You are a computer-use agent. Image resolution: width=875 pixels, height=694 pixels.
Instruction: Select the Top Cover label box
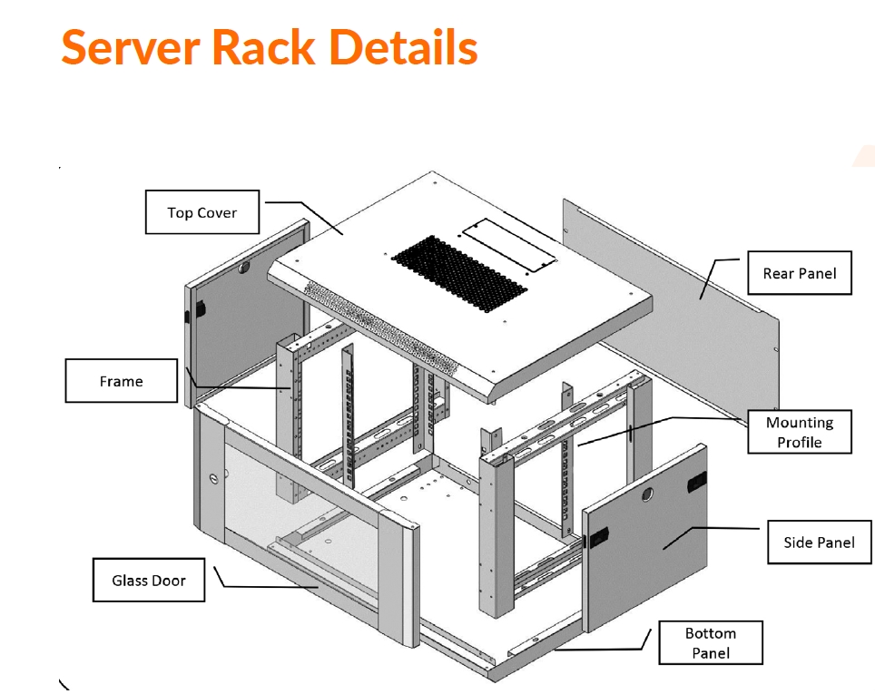pyautogui.click(x=202, y=212)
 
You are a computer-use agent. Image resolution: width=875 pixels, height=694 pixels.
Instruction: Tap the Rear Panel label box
pyautogui.click(x=799, y=273)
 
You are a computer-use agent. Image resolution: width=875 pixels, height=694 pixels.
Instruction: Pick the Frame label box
pyautogui.click(x=121, y=381)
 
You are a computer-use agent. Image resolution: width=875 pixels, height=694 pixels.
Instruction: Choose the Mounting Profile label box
pyautogui.click(x=799, y=432)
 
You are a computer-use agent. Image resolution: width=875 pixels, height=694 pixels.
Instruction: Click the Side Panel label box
pyautogui.click(x=819, y=542)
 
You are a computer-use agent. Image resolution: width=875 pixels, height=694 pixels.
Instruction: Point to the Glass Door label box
pyautogui.click(x=148, y=580)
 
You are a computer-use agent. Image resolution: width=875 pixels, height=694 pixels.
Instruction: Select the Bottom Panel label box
pyautogui.click(x=710, y=643)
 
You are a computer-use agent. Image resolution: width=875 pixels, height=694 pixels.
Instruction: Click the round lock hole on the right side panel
pyautogui.click(x=647, y=494)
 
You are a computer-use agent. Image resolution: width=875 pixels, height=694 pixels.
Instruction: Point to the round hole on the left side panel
pyautogui.click(x=243, y=269)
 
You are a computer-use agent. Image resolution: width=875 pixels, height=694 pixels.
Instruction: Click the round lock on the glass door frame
pyautogui.click(x=215, y=478)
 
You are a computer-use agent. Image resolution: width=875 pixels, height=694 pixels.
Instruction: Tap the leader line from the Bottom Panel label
pyautogui.click(x=599, y=649)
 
